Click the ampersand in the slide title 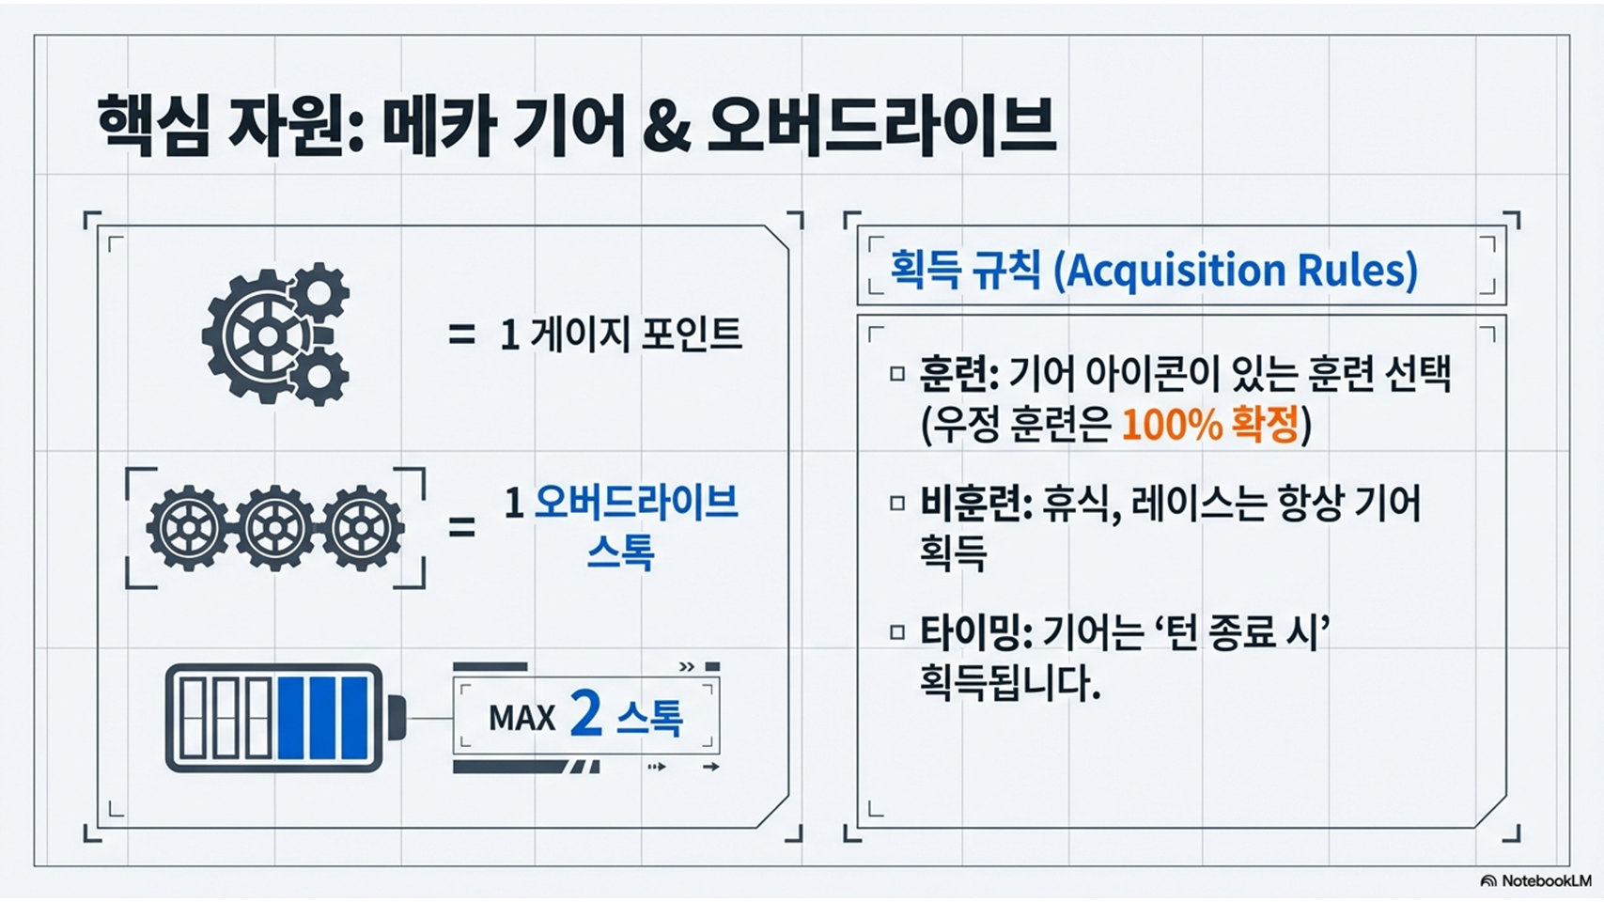666,127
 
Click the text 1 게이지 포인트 621,334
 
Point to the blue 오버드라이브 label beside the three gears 636,504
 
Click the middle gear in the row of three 275,528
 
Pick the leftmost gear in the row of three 189,528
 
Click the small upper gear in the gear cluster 319,292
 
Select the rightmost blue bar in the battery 354,718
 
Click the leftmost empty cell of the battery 192,718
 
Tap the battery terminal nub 397,717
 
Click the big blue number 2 586,714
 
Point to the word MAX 522,718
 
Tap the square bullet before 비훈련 897,504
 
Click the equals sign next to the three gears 462,528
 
